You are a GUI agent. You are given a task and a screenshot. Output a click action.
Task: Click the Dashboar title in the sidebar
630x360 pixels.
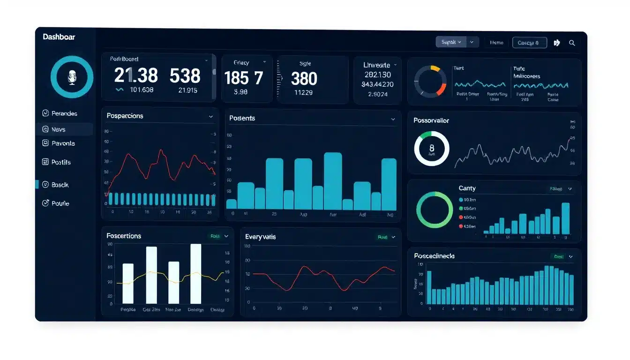(x=59, y=37)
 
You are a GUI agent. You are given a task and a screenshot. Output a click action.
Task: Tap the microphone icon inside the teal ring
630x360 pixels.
(x=72, y=77)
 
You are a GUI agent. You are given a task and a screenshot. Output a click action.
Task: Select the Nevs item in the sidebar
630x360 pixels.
(x=58, y=129)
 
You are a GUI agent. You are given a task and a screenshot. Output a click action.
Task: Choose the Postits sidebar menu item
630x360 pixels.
(x=60, y=162)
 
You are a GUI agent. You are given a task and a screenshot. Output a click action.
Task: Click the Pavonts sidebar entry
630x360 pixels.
(x=63, y=143)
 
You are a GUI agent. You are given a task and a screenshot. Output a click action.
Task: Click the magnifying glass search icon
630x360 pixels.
(x=572, y=43)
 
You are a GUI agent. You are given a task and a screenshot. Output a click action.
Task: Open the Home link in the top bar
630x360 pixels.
(x=496, y=43)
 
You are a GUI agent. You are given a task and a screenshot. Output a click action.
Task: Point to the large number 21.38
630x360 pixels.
(x=136, y=75)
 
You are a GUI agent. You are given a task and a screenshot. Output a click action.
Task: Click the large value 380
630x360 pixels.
(x=304, y=78)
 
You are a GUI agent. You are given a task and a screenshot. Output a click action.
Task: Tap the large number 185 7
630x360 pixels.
(x=243, y=78)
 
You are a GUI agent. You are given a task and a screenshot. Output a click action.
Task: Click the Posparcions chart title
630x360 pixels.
(x=125, y=116)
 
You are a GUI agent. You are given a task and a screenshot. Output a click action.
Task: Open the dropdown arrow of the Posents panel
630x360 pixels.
(x=393, y=120)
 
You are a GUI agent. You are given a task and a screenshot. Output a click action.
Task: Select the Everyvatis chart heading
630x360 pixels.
(x=260, y=237)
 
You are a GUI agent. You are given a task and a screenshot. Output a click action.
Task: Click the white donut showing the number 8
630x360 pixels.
(x=432, y=149)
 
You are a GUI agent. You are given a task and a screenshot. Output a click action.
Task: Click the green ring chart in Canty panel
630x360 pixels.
(x=435, y=210)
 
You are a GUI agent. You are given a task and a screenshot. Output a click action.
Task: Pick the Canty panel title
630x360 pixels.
(x=467, y=188)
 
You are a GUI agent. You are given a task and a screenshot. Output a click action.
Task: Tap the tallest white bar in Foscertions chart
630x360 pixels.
(x=195, y=274)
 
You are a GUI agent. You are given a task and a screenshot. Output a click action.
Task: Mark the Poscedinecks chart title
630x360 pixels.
(x=434, y=256)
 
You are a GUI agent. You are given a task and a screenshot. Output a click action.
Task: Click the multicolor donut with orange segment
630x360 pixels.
(x=430, y=82)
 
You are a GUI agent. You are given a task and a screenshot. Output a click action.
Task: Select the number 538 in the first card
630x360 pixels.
(x=185, y=75)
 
